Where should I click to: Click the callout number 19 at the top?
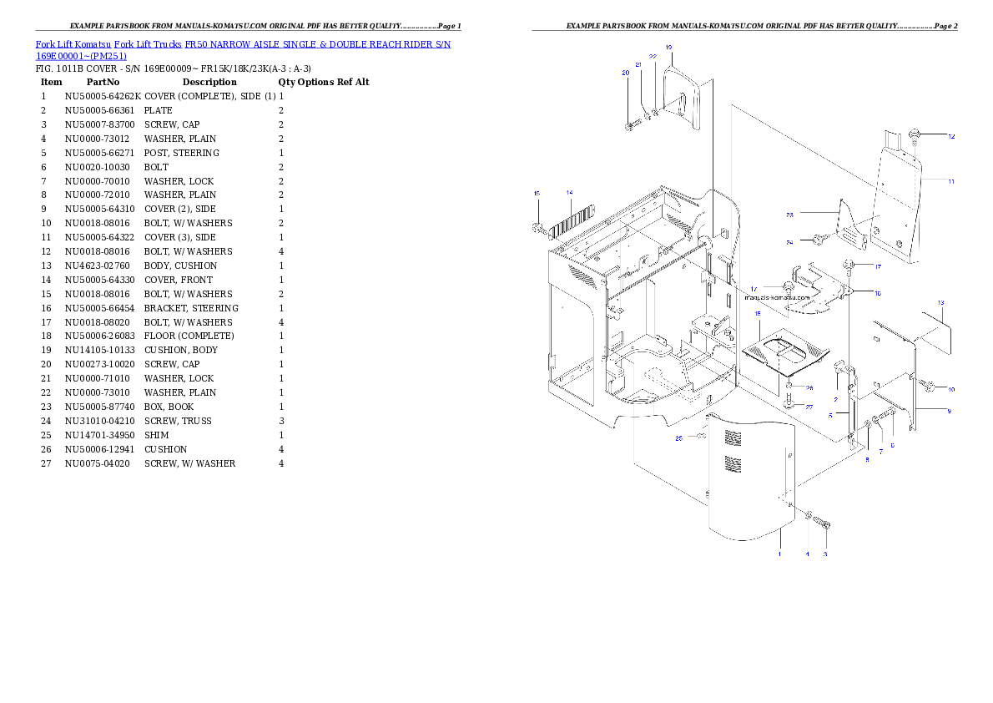(x=669, y=47)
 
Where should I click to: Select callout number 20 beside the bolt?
(x=625, y=73)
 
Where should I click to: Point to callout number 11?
(x=951, y=180)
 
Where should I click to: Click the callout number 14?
(x=570, y=193)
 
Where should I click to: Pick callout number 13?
(x=940, y=302)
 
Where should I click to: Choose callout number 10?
(x=951, y=389)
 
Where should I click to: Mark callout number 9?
(x=948, y=411)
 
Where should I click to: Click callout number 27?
(x=809, y=407)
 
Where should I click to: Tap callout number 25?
(x=678, y=437)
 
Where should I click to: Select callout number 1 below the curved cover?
(x=779, y=554)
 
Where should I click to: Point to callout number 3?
(x=825, y=554)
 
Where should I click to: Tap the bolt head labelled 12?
(x=915, y=134)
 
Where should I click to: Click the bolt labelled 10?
(x=928, y=387)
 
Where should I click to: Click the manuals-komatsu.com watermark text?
(x=777, y=296)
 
